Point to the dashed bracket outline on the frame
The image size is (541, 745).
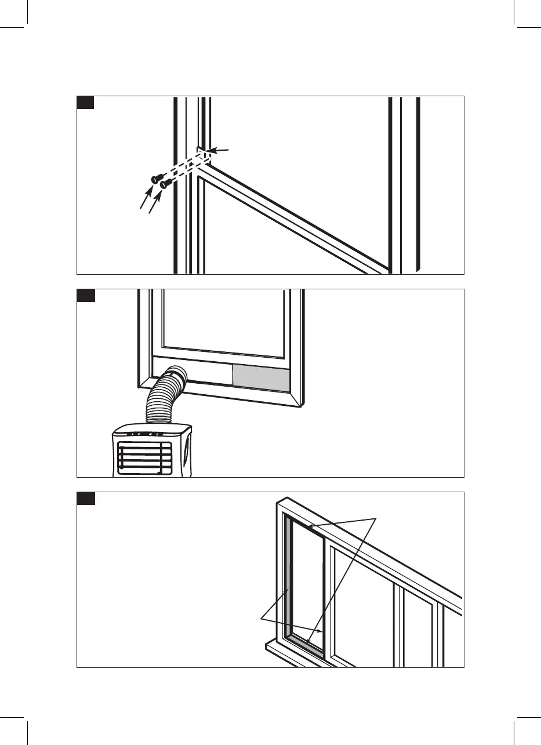click(x=202, y=156)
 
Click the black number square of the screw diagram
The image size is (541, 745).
click(x=86, y=103)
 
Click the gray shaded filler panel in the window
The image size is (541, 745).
click(x=261, y=378)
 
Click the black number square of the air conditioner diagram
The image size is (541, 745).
click(x=86, y=296)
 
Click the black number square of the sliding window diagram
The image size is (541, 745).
click(x=86, y=499)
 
